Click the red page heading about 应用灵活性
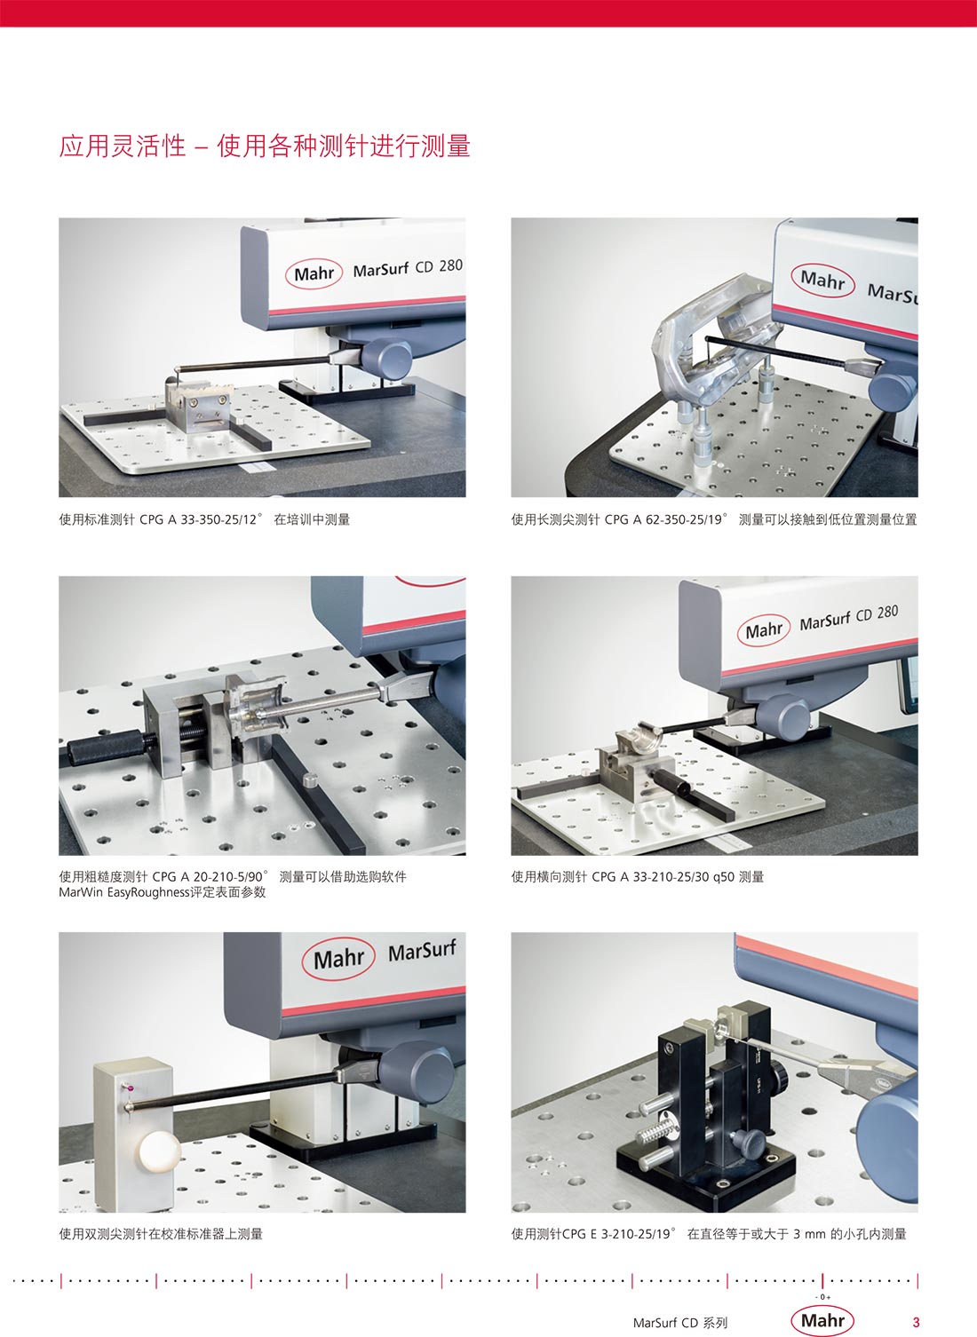[265, 146]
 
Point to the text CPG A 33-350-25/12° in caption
[201, 519]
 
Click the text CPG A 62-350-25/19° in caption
[666, 519]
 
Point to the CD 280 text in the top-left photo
[439, 265]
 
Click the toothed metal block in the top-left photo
[198, 403]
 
